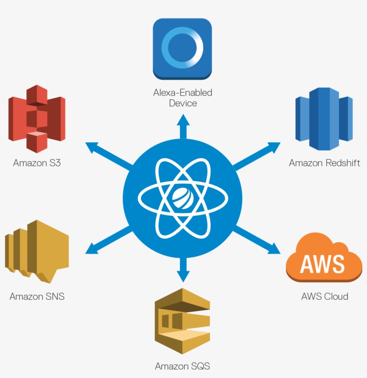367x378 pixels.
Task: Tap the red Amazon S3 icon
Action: pos(37,119)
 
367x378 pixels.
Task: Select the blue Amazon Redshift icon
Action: pos(324,119)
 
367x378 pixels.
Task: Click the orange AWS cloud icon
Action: pos(324,262)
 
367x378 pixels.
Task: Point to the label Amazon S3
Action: pos(37,163)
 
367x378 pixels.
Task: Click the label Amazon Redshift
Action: pos(324,163)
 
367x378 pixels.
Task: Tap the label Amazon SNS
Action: pos(37,296)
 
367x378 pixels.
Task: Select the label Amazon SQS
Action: pos(182,366)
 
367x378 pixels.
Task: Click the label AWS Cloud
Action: pos(324,296)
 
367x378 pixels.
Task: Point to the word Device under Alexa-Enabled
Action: pos(183,103)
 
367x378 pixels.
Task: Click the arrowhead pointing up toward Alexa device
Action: pos(183,119)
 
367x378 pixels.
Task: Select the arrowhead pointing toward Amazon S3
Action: pos(91,146)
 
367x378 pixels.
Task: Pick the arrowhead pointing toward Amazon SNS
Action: pos(91,247)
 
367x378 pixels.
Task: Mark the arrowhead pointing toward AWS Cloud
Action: pos(274,247)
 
